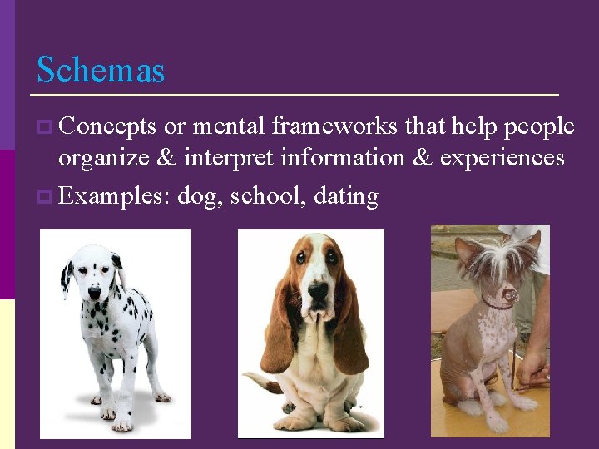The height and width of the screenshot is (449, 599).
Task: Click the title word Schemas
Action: point(101,70)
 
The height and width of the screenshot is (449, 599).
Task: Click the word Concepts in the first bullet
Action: point(108,126)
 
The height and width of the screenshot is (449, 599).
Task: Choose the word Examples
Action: point(113,196)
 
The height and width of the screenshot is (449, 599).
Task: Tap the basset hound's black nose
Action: point(318,290)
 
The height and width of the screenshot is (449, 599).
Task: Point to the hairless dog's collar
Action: point(498,305)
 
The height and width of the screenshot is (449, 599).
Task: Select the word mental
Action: point(229,126)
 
